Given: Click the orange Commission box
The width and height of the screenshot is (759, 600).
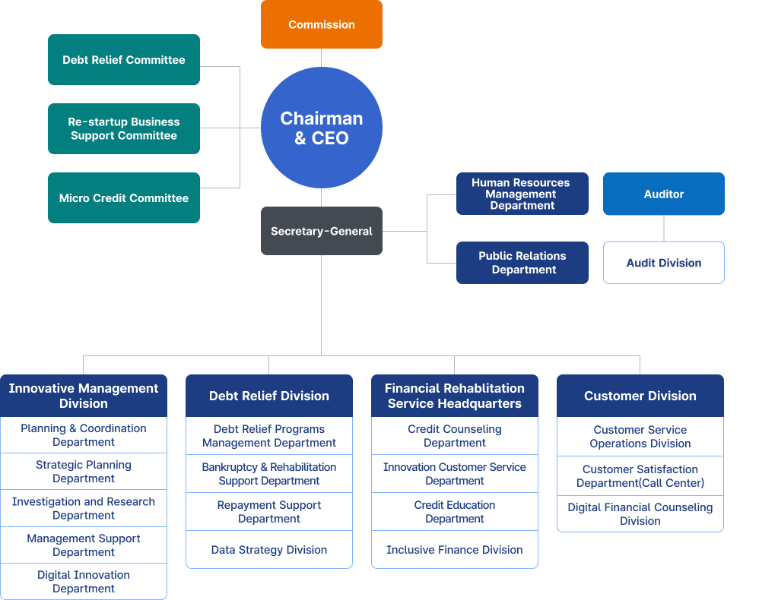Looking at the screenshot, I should (321, 24).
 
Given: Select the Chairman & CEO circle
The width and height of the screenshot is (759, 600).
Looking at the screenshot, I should (321, 128).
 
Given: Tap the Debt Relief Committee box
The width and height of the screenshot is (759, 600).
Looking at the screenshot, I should (124, 59).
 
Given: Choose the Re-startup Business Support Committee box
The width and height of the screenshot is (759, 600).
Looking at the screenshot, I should (124, 128).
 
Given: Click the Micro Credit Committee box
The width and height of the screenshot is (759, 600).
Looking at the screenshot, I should (124, 197).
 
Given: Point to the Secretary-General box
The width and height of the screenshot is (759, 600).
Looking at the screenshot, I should (321, 231).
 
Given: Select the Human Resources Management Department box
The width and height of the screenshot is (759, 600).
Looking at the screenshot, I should (522, 194).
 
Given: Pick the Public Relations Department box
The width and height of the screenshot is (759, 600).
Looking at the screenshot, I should (522, 263).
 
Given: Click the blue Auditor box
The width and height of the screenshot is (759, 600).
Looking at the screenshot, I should (663, 194).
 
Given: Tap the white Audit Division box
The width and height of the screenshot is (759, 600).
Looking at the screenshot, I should (663, 263).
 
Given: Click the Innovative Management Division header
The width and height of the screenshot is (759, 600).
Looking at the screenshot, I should (84, 395).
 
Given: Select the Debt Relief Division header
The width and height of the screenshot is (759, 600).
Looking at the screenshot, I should (269, 396).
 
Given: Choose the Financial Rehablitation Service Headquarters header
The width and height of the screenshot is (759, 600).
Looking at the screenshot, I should (454, 396).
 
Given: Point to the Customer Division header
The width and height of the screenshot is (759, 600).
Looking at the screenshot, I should (640, 396).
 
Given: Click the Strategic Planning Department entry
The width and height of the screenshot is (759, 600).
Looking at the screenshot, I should (84, 472).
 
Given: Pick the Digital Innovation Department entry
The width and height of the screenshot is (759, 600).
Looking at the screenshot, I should (84, 582).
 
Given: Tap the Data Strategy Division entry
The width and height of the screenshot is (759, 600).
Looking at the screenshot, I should (269, 550).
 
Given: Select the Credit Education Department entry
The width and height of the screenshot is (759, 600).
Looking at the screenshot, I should (454, 512).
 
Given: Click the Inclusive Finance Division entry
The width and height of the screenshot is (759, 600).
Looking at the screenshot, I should (454, 550).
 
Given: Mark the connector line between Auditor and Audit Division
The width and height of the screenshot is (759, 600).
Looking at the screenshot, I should (664, 229).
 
